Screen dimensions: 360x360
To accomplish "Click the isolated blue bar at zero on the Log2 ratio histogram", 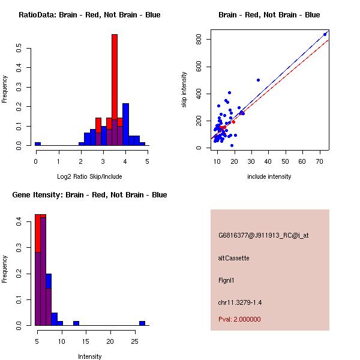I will pyautogui.click(x=37, y=144).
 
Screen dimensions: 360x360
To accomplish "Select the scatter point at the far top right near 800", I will pyautogui.click(x=325, y=34).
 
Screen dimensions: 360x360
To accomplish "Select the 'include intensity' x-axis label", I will pyautogui.click(x=269, y=176).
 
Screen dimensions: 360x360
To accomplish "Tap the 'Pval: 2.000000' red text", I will pyautogui.click(x=239, y=319).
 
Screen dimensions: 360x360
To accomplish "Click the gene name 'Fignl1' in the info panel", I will pyautogui.click(x=227, y=280).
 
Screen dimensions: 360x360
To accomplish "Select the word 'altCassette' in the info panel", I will pyautogui.click(x=233, y=258).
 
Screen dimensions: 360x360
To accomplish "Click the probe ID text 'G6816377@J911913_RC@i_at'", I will pyautogui.click(x=263, y=236).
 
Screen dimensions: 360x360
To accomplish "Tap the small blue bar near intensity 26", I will pyautogui.click(x=142, y=323).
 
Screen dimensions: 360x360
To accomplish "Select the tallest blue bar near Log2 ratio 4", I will pyautogui.click(x=125, y=124).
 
